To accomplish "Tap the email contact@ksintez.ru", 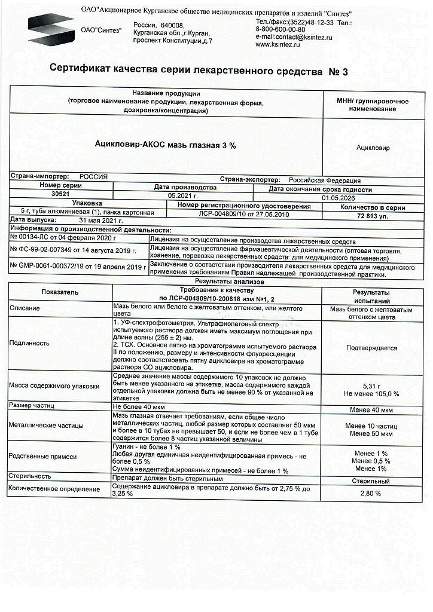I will coord(293,37).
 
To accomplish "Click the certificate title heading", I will coord(198,71).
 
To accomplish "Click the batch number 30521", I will coord(60,194).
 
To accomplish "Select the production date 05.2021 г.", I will coord(183,195).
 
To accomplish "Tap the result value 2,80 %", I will coord(371,493).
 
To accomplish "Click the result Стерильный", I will coord(371,481).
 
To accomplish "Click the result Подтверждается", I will coord(371,347).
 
